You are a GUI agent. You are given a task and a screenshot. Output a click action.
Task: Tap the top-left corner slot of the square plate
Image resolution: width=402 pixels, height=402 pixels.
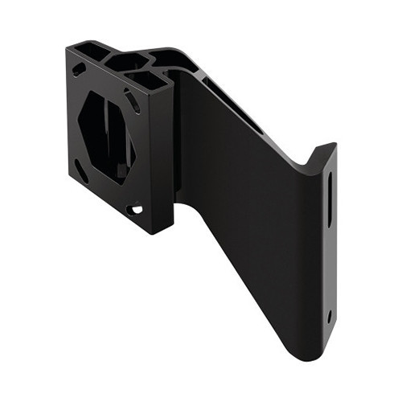click(x=79, y=70)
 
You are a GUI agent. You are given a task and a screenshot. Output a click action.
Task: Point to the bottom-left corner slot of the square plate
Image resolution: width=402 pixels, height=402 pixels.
click(x=80, y=170)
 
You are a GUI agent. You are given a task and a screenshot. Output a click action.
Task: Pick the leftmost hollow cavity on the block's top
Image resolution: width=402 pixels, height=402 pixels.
click(x=94, y=51)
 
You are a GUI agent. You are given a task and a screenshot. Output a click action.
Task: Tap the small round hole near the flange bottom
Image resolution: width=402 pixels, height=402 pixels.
click(x=330, y=315)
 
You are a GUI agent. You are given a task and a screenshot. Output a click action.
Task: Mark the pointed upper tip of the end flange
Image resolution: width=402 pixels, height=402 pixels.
click(x=333, y=146)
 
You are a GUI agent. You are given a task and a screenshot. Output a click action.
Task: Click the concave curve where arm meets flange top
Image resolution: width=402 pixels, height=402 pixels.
click(x=310, y=165)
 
